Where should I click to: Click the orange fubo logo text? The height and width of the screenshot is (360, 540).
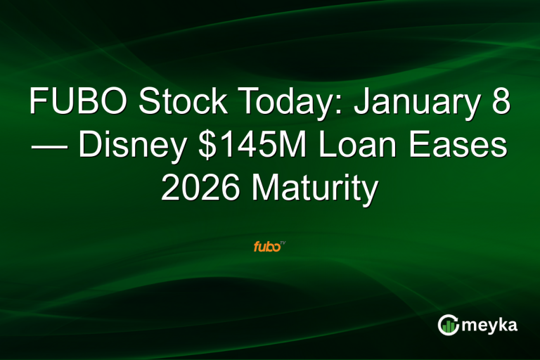266,247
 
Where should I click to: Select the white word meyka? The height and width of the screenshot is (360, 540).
490,325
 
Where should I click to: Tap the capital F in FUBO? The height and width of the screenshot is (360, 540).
38,103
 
